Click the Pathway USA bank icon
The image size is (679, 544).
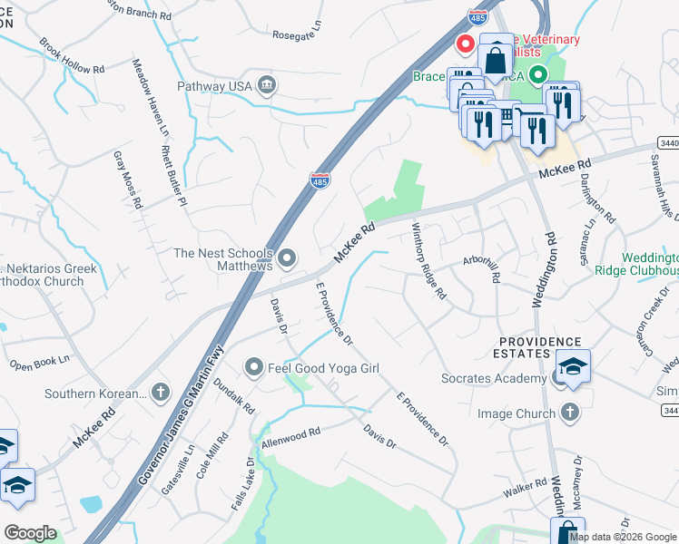pos(266,85)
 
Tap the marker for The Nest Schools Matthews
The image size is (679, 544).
pos(288,260)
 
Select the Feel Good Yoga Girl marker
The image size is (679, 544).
pos(254,368)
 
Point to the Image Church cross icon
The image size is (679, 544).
pos(570,413)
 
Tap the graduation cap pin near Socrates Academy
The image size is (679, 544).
pos(574,367)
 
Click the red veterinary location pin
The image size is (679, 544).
pos(466,44)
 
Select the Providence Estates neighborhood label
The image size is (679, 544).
pos(538,346)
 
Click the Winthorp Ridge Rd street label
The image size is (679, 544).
pos(428,261)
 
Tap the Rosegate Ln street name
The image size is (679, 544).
pos(298,34)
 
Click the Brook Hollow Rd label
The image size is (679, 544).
pos(73,56)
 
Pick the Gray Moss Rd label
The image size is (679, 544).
pos(128,180)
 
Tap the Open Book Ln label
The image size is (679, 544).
pos(39,364)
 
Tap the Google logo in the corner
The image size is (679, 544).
pos(29,533)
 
